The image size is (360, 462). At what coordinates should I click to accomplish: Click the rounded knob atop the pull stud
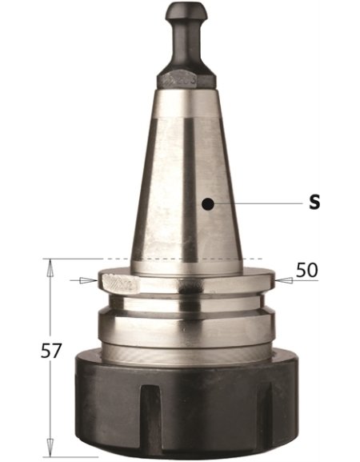click(x=186, y=13)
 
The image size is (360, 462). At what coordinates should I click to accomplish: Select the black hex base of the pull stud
click(x=186, y=78)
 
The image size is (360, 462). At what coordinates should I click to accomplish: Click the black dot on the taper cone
click(x=207, y=204)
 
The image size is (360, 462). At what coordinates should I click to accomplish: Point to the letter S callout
click(x=314, y=203)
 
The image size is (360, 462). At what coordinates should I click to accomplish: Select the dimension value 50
click(x=306, y=270)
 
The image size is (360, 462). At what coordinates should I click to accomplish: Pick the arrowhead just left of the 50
click(x=282, y=280)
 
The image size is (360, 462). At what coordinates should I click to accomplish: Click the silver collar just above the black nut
click(x=186, y=328)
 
